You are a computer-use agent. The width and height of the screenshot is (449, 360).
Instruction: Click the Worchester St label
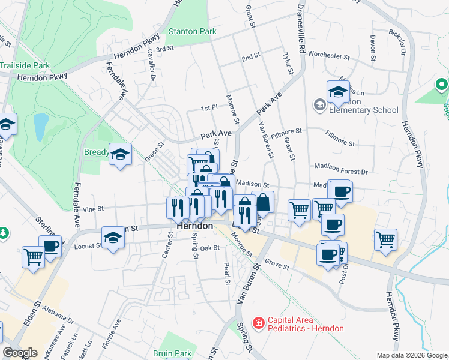[329, 56]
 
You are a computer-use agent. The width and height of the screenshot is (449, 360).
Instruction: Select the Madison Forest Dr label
[340, 171]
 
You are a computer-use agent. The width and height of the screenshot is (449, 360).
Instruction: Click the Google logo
[20, 353]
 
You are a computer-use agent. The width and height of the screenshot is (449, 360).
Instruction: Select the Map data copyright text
[412, 355]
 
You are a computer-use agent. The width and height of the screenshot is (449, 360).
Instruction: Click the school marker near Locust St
[113, 237]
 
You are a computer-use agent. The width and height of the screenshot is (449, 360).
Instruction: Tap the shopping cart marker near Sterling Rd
[33, 257]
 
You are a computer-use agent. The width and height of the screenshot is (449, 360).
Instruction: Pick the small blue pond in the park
[40, 127]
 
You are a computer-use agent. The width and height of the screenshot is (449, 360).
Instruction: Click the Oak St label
[210, 248]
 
